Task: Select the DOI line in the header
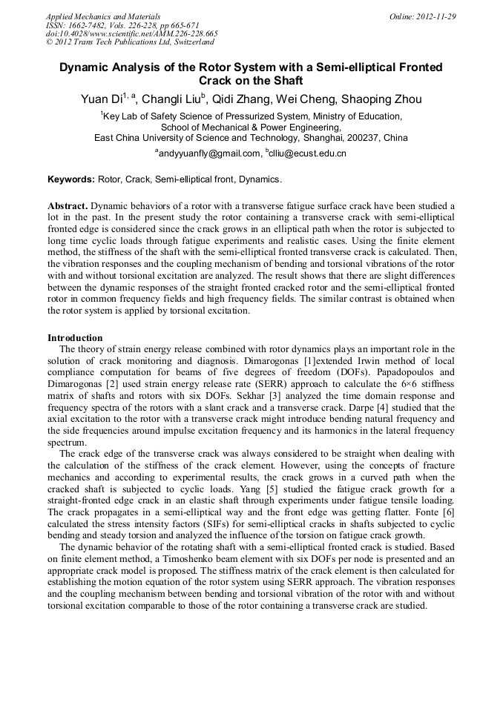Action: pyautogui.click(x=131, y=34)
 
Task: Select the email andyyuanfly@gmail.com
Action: pyautogui.click(x=208, y=153)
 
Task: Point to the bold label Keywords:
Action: pyautogui.click(x=71, y=180)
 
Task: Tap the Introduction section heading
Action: pyautogui.click(x=75, y=338)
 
